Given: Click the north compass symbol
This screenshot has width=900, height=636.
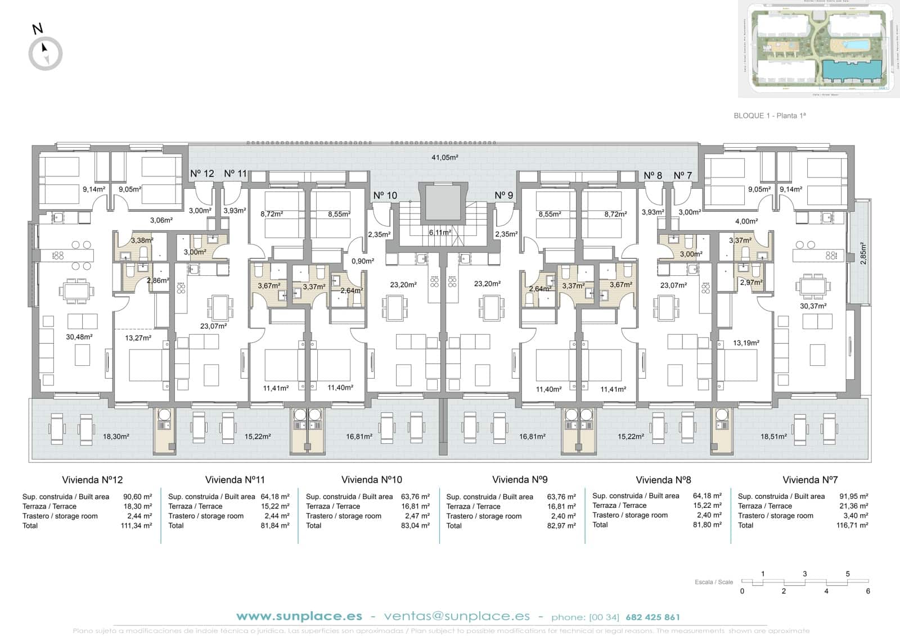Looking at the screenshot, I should [46, 53].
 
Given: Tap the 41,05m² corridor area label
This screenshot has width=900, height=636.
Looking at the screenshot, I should [444, 157].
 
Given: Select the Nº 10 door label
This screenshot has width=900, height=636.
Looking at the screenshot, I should [385, 196].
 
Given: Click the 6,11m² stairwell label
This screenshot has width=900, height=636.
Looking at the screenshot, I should [440, 232].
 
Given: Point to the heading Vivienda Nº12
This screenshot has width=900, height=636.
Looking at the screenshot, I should [92, 480].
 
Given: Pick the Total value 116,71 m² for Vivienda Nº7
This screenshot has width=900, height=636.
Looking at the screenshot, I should [852, 525].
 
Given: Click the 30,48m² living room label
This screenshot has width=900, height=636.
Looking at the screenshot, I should [79, 337].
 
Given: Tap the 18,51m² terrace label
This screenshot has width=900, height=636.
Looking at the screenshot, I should [773, 437].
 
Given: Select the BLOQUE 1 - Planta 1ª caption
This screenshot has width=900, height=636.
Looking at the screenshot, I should [770, 116].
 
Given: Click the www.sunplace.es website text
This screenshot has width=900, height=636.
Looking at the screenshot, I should [299, 616].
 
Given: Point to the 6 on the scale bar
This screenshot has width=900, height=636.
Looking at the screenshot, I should [868, 591].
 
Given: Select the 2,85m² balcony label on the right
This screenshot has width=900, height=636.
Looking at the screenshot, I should [863, 253].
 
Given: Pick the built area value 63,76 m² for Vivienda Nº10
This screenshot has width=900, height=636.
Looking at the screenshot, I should [416, 497].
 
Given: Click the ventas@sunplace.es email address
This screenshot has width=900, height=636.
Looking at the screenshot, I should [457, 616].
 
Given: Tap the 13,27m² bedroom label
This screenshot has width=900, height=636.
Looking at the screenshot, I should [138, 338].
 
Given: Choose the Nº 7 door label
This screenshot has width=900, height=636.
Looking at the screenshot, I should [682, 176].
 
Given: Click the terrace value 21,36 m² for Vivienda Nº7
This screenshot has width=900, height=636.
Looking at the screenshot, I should [852, 506].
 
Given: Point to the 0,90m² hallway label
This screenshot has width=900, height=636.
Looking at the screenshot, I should [363, 261].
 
